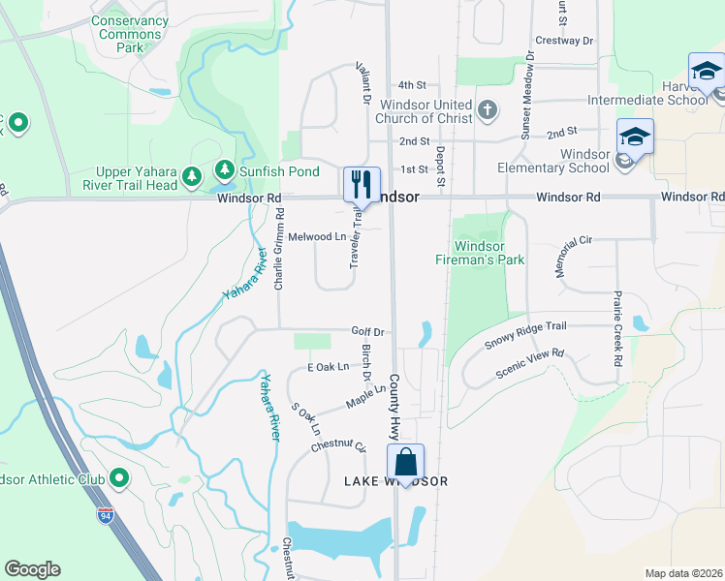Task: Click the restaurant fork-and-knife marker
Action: coord(362,183)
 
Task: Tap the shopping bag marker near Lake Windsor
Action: coord(406,461)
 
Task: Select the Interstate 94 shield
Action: coord(104,514)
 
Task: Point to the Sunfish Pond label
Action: coord(280,171)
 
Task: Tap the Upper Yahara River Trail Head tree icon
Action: coord(192,175)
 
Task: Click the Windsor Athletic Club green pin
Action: coord(119,478)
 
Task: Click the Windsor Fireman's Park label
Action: coord(489,253)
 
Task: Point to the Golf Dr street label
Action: coord(368,331)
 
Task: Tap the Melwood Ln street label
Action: coord(317,236)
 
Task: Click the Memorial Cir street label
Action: coord(574,256)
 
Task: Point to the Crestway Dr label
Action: coord(563,41)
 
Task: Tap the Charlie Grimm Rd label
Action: coord(278,257)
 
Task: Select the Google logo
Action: coord(32,569)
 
